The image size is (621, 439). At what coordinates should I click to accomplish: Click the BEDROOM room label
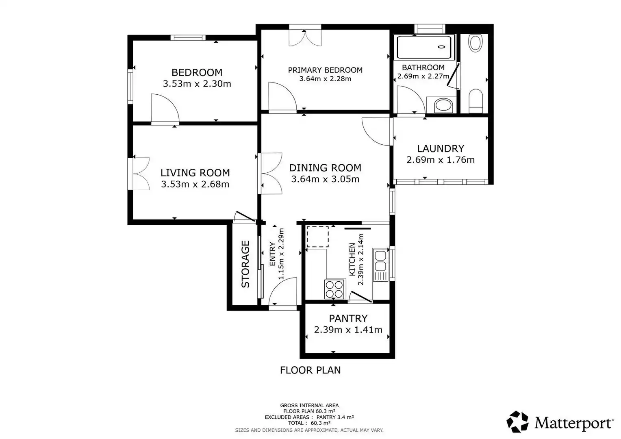197,72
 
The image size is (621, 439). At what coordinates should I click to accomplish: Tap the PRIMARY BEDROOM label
325,70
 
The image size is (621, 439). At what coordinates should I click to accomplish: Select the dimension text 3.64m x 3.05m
325,179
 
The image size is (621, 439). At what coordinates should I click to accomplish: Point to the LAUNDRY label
441,149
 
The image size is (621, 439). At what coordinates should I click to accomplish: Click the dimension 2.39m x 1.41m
348,330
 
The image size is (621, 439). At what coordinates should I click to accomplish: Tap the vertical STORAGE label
245,264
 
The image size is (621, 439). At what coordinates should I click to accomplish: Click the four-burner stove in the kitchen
334,289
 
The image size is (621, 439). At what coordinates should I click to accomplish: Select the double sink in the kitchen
380,265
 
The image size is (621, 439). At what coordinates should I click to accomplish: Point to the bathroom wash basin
443,105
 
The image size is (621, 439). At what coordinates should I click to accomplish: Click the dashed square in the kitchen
317,237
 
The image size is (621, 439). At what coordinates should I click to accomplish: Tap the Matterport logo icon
517,422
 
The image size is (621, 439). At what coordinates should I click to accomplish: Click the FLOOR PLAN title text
310,370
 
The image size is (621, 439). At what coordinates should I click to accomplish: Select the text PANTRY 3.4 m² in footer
335,417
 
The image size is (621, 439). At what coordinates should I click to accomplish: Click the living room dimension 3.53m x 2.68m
195,184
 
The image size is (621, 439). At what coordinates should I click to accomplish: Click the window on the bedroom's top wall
188,38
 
